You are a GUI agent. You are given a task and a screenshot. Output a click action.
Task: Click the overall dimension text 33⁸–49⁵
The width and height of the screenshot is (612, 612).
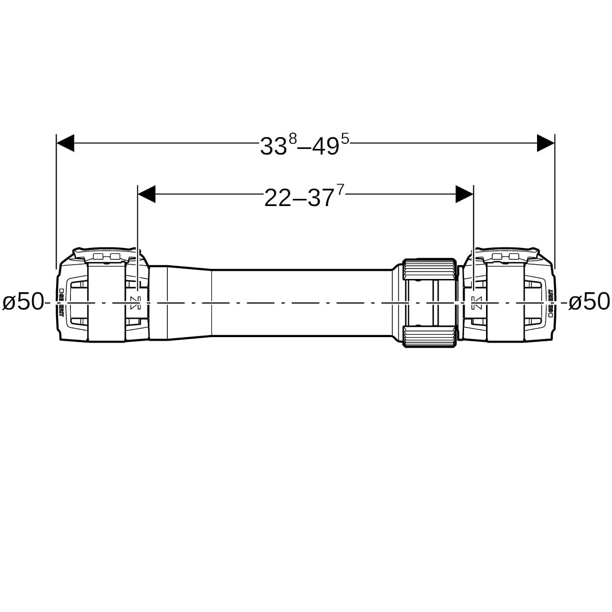304,145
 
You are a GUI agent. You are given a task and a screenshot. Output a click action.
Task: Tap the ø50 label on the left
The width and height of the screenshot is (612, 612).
23,302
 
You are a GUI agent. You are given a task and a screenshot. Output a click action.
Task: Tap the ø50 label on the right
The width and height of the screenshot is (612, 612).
589,302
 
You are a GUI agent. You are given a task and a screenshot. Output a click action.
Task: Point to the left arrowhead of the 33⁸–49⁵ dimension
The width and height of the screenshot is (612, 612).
65,143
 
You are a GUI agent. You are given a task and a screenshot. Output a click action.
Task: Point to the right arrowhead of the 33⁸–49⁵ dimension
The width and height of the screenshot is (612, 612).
545,143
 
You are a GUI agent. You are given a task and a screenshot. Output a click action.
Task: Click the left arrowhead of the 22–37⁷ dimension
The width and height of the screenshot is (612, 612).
147,194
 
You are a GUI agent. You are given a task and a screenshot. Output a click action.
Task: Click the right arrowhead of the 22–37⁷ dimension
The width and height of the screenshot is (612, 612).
465,194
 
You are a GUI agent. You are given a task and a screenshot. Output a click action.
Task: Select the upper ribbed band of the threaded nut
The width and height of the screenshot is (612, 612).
429,269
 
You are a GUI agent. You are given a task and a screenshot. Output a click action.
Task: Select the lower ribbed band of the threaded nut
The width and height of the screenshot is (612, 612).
429,337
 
